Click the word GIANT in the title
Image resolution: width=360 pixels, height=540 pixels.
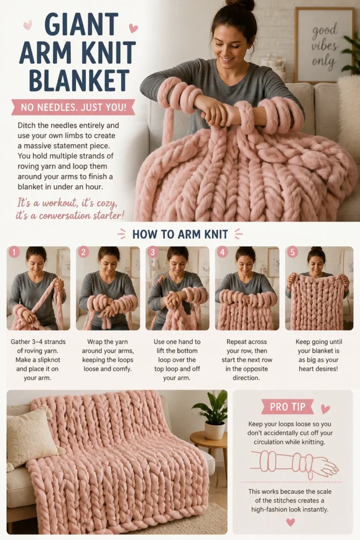coord(82,24)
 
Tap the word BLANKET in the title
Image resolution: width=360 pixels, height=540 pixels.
coord(79,80)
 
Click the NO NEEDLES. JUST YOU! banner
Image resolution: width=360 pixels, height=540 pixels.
coord(73,108)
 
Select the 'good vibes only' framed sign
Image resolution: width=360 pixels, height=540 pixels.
coord(324,45)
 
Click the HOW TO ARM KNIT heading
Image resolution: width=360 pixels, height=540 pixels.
coord(180,235)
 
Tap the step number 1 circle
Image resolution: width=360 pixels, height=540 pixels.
coord(14,253)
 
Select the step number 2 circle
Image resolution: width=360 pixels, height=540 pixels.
coord(83,253)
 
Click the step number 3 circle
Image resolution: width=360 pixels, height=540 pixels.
coord(153,253)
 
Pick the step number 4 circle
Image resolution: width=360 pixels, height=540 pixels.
coord(222,253)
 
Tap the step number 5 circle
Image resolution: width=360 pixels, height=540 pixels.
coord(292,253)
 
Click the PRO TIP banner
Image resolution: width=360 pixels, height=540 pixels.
coord(287,407)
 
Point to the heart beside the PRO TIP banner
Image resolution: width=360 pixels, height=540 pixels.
coord(325,409)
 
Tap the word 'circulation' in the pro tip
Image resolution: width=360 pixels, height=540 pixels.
coord(270,442)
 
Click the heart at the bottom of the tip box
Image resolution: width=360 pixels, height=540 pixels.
coord(291,522)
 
